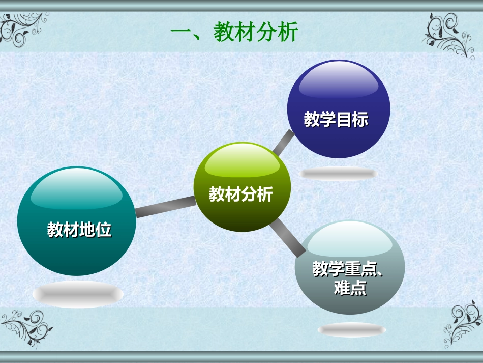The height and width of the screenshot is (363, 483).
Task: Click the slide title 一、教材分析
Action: pyautogui.click(x=234, y=33)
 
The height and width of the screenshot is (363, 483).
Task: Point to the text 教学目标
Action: pyautogui.click(x=336, y=120)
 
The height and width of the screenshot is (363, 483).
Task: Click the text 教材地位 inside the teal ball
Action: pyautogui.click(x=79, y=230)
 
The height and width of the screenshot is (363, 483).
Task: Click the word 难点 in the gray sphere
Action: pyautogui.click(x=350, y=288)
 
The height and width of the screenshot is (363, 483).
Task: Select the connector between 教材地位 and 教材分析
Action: pyautogui.click(x=166, y=206)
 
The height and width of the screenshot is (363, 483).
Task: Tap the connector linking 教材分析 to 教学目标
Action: pyautogui.click(x=283, y=143)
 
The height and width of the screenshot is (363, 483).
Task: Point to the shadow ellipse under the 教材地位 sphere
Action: pyautogui.click(x=78, y=294)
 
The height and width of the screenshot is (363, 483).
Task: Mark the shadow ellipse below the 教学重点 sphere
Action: pyautogui.click(x=351, y=330)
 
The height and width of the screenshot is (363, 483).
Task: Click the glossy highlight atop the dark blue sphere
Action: pyautogui.click(x=338, y=81)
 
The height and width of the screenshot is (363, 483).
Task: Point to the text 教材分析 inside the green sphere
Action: pyautogui.click(x=241, y=194)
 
